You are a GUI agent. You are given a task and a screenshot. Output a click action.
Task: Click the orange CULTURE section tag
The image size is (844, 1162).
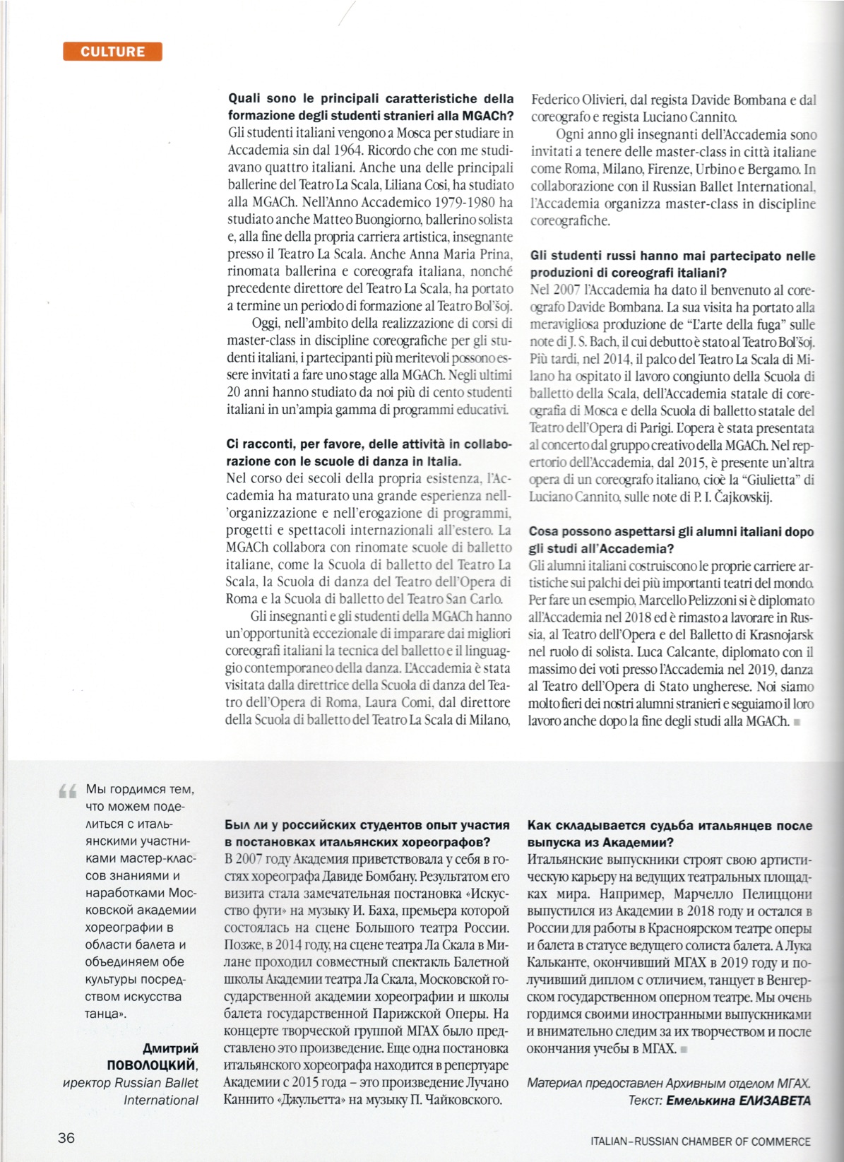[112, 52]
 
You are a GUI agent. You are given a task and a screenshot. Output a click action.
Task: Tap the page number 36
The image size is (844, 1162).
[66, 1137]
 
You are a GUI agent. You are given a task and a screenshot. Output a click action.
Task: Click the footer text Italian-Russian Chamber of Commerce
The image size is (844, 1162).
[701, 1141]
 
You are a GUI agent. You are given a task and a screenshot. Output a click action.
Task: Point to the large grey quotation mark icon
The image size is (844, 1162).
[68, 792]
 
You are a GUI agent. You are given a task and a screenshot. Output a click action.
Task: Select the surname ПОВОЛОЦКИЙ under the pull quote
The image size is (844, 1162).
[151, 1065]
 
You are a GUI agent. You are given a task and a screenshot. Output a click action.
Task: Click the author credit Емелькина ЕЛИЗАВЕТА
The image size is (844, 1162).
[738, 1100]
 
